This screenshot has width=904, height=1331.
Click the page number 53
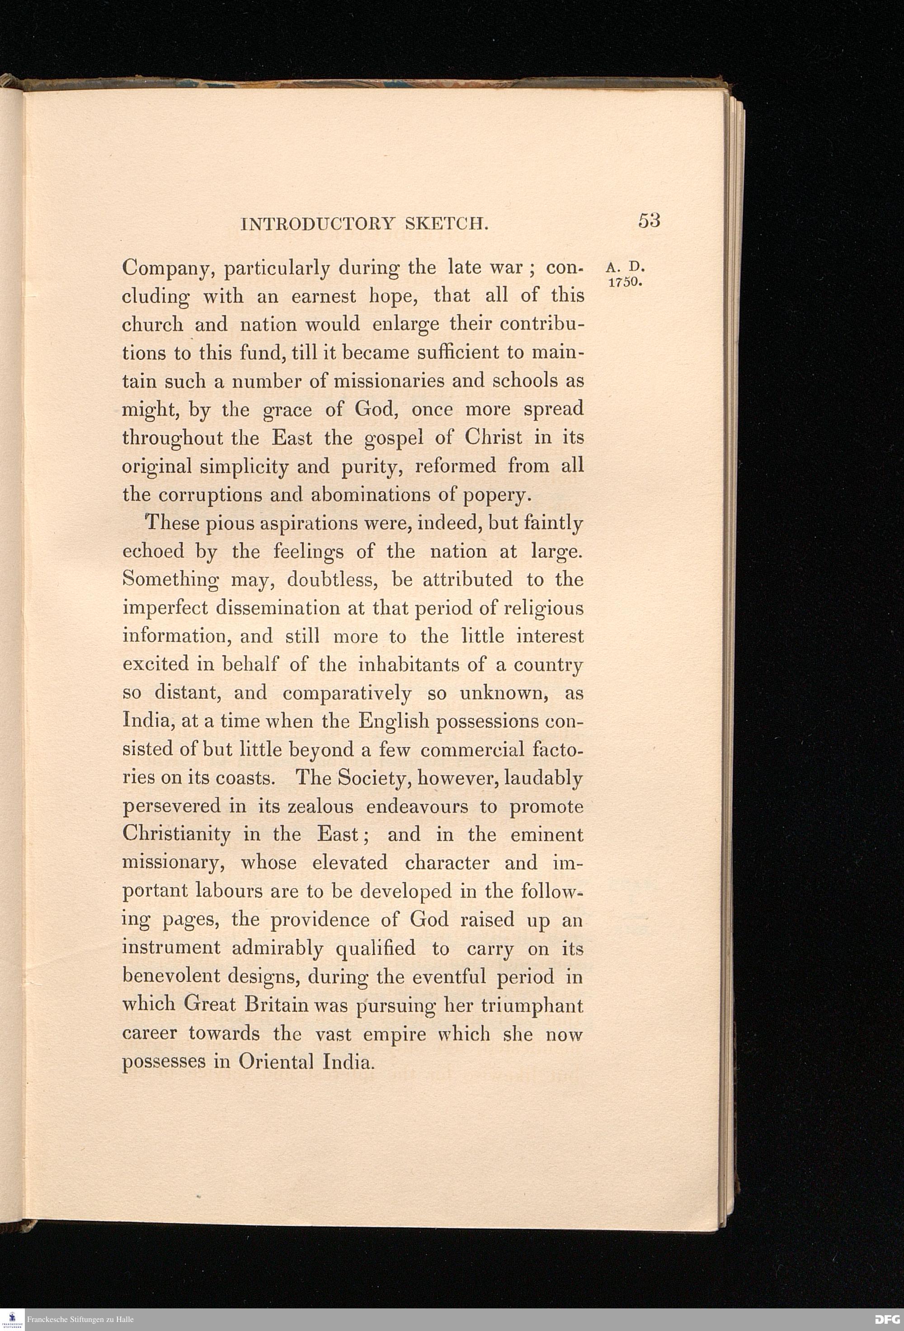[649, 221]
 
